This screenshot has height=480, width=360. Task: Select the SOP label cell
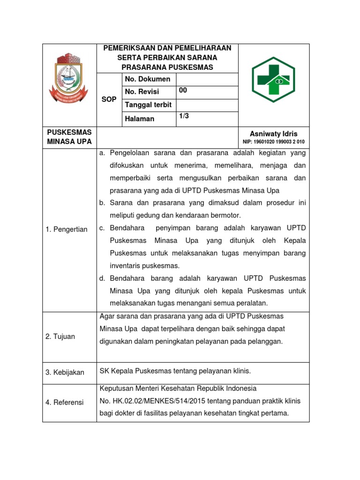[109, 99]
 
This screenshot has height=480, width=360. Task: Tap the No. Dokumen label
[147, 79]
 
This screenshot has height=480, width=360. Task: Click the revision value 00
[183, 91]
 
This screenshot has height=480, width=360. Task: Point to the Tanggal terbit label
[148, 105]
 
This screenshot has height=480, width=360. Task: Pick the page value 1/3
[183, 117]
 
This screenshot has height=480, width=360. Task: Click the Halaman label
[139, 119]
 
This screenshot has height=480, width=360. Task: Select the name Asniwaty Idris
[273, 134]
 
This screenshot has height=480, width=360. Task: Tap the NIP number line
[273, 142]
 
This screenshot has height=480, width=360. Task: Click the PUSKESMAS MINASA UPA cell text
[69, 137]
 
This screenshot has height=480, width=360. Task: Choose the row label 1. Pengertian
[67, 229]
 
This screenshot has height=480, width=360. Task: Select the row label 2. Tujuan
[60, 337]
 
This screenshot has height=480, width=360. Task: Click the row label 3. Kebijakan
[65, 372]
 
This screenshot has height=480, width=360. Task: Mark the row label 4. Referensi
[64, 402]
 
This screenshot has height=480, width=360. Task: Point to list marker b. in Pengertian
[102, 203]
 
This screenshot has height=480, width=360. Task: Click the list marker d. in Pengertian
[102, 278]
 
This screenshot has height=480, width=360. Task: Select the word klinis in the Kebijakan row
[241, 371]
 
